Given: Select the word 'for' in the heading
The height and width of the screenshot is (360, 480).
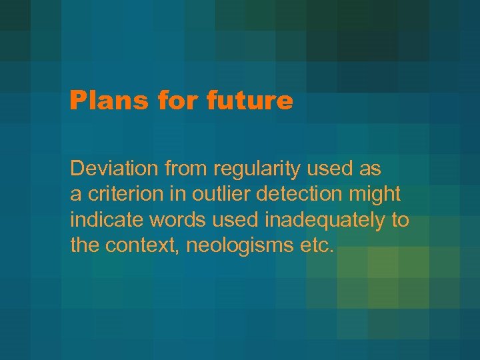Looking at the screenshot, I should coord(172,101).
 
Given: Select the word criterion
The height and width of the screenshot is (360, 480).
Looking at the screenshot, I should coord(117,195).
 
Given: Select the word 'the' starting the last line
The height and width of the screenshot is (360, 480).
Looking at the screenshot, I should coord(84,245).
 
